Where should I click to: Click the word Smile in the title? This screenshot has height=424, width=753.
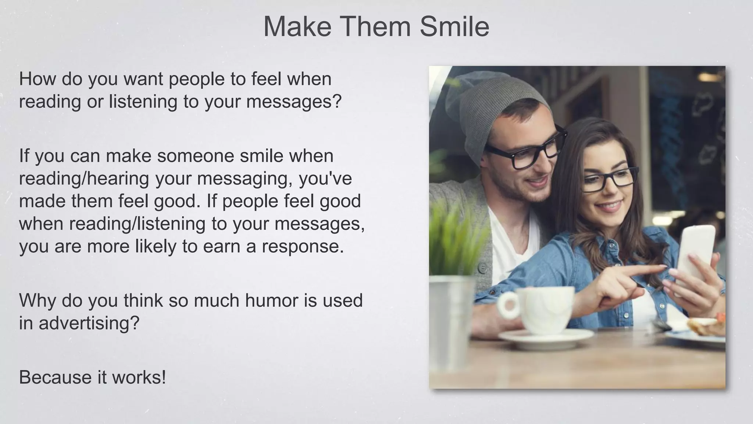[454, 26]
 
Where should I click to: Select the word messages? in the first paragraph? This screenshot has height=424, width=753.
[294, 101]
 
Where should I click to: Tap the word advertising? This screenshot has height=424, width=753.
[89, 323]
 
